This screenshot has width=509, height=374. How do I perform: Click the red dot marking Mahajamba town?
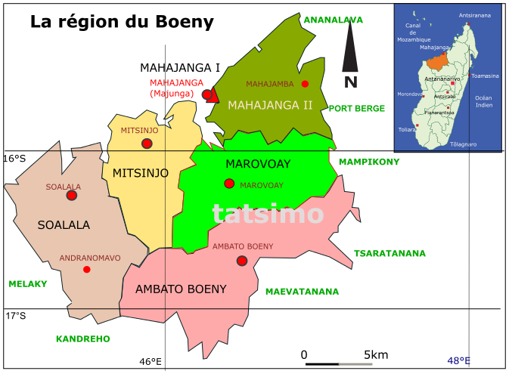305,84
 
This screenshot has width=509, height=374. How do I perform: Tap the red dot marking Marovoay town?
229,184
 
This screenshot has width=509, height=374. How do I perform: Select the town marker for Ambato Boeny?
241,261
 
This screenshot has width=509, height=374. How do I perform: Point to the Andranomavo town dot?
87,270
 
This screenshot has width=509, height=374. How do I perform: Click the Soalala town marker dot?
71,195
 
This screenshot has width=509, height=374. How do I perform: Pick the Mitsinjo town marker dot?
147,144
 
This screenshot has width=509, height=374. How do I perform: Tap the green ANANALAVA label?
333,20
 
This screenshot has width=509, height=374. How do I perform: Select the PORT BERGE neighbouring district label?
356,109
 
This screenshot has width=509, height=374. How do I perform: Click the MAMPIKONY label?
368,162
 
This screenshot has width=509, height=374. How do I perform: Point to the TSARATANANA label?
390,254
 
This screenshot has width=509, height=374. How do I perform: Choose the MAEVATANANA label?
302,292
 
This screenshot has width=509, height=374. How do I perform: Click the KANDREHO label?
82,339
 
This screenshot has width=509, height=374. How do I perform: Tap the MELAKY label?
28,284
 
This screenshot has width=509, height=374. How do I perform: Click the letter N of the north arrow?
350,82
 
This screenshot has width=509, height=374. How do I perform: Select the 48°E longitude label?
458,361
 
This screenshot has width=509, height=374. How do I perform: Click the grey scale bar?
355,364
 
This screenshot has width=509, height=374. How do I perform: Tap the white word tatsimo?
268,214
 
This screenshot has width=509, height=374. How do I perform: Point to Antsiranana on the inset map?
474,15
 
